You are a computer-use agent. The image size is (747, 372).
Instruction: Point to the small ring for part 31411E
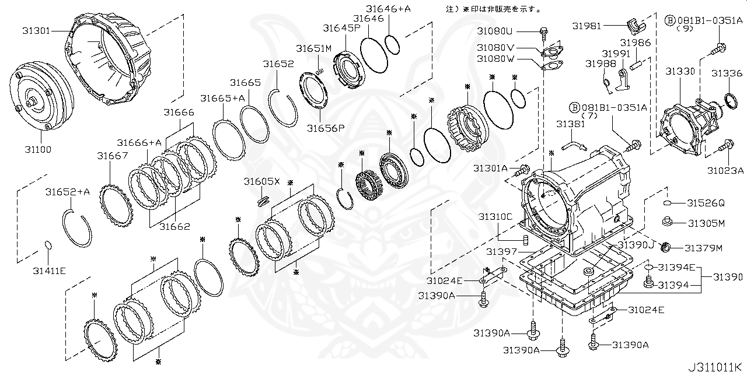pos(49,245)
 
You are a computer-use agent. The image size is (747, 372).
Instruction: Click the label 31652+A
pos(68,192)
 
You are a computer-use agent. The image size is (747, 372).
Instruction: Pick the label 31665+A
pos(222,99)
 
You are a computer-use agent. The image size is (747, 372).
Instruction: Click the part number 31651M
pos(313,48)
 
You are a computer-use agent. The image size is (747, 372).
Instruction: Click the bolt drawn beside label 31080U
pos(543,31)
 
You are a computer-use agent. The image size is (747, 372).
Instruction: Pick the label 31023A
pos(725,170)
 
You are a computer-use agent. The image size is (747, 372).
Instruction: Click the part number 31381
pos(570,124)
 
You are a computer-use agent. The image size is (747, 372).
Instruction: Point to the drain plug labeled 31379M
pos(665,248)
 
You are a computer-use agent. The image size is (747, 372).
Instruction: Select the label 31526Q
pos(706,203)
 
